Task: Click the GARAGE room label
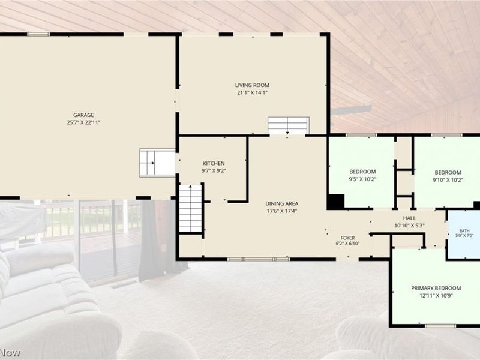pos(83,115)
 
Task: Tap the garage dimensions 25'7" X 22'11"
pos(83,123)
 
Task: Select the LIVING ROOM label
pos(252,85)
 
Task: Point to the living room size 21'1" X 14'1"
pos(252,93)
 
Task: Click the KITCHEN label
pos(214,163)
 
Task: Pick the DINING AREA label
pos(281,203)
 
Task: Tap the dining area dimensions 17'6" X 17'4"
pos(281,211)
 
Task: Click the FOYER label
pos(348,238)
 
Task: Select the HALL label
pos(409,218)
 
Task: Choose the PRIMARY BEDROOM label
pos(436,288)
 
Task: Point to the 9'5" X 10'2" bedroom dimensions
pos(362,179)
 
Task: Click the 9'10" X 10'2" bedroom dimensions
pos(448,180)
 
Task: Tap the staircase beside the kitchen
pos(190,208)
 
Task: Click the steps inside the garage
pos(157,163)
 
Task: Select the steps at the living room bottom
pos(288,125)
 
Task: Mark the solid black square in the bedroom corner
pos(336,202)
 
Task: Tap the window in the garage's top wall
pos(38,34)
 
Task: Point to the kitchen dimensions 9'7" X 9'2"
pos(214,171)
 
